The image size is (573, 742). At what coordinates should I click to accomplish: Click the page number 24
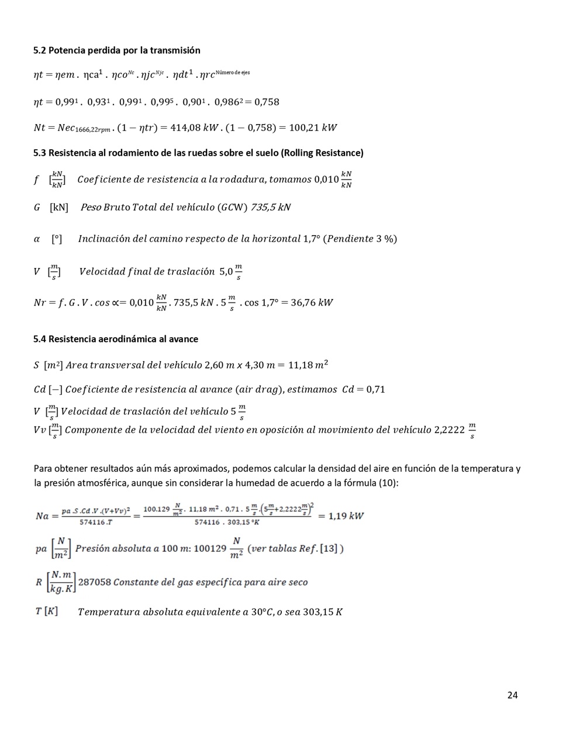coord(512,695)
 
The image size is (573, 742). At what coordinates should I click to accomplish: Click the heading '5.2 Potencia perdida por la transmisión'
coord(117,50)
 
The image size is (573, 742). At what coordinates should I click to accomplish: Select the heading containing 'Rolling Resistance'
coord(198,153)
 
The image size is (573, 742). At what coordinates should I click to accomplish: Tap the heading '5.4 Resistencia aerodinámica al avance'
coord(116,339)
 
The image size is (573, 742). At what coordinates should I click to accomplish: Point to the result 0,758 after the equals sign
coord(267,102)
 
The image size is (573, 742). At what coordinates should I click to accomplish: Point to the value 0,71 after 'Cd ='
coord(375,390)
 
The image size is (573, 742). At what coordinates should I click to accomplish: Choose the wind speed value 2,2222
coord(449,430)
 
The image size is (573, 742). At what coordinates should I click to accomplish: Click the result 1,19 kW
coord(346,516)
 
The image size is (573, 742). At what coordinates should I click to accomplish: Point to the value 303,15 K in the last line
coord(322,612)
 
